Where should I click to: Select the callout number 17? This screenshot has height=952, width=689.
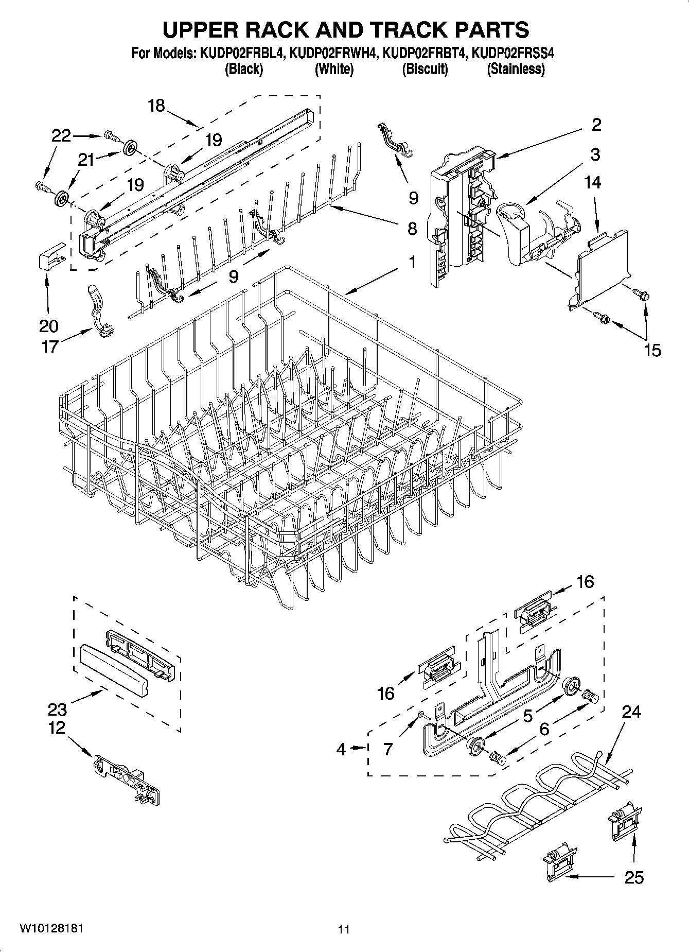[50, 347]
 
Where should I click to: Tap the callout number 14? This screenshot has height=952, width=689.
[592, 182]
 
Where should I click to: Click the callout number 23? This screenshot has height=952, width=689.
[57, 709]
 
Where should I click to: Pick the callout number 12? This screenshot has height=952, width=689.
[57, 728]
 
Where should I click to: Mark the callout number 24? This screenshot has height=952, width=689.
[631, 712]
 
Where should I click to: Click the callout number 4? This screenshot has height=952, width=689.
[341, 749]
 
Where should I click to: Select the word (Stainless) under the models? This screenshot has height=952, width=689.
[516, 69]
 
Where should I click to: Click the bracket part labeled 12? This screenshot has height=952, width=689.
[129, 777]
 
